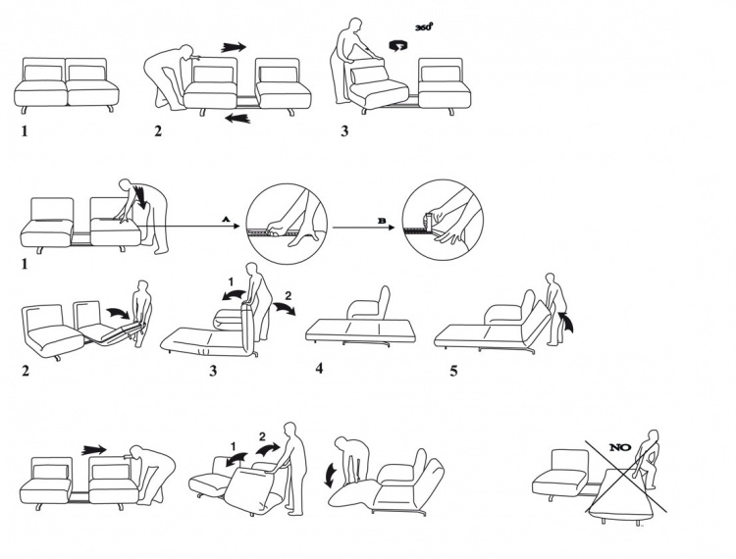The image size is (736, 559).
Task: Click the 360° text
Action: (x=423, y=28)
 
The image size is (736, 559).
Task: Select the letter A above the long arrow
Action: (x=226, y=222)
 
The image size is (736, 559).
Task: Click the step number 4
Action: (x=319, y=368)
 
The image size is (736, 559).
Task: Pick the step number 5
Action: (x=453, y=370)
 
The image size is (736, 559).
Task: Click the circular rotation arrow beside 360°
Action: (x=398, y=45)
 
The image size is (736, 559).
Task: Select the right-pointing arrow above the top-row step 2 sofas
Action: (x=235, y=46)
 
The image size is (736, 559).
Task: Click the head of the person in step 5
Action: (x=552, y=279)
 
